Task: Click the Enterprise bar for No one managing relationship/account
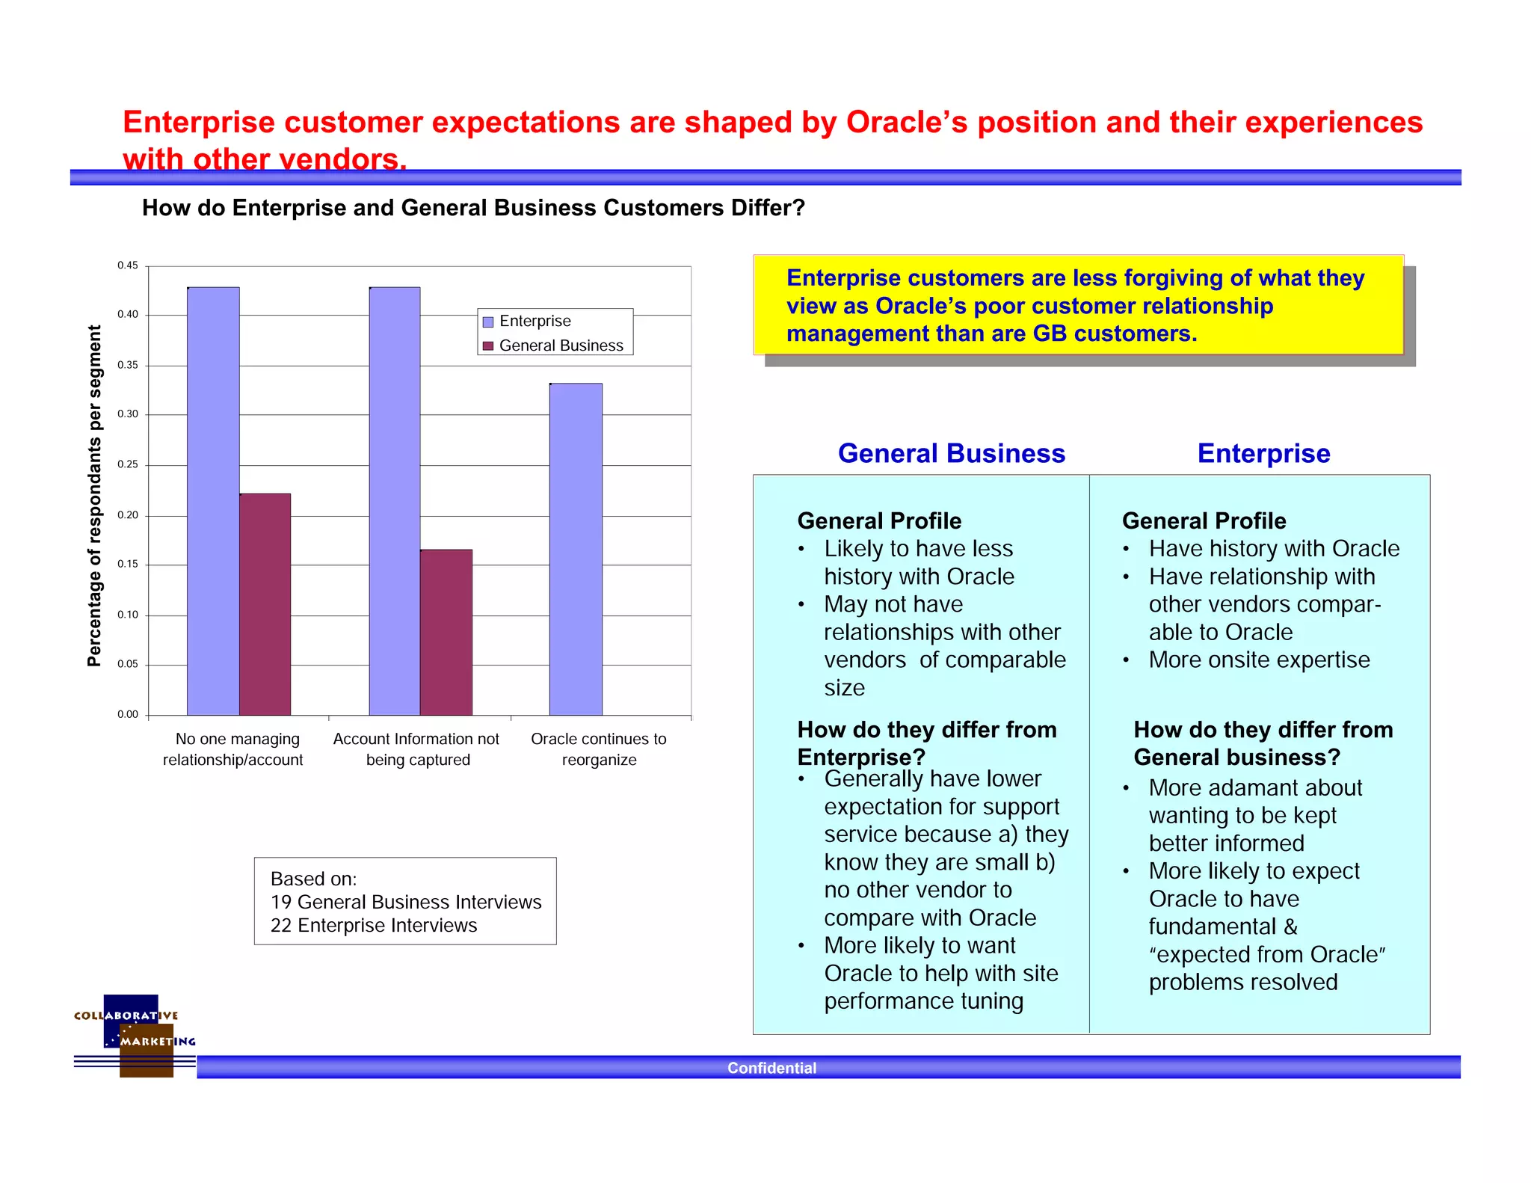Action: (213, 501)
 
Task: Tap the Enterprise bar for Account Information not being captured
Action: (395, 501)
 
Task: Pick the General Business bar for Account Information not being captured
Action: (446, 633)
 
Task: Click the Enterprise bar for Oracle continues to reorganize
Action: (576, 550)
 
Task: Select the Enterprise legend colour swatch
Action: (488, 322)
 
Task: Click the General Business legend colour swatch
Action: (488, 346)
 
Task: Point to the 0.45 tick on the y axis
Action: (128, 265)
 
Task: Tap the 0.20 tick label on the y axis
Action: (128, 515)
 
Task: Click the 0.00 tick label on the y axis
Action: (128, 715)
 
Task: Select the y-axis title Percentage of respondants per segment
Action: (94, 496)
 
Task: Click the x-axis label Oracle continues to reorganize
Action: (599, 749)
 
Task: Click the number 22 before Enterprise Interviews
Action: (280, 926)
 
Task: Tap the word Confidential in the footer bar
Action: (771, 1068)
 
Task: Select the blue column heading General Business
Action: (951, 454)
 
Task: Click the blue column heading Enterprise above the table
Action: (1263, 454)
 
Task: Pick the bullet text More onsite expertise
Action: (1259, 660)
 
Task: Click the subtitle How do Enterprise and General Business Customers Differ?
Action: (473, 208)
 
